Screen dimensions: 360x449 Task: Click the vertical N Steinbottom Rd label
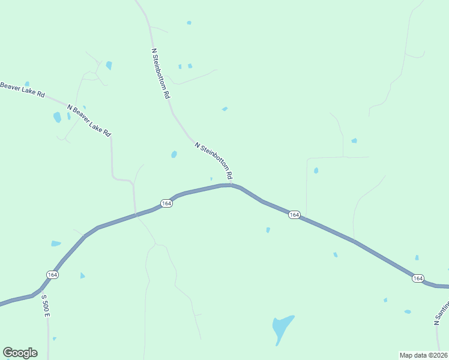161,74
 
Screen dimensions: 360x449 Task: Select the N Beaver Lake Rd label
89,119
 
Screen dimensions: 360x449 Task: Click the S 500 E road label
45,305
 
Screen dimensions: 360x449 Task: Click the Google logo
20,353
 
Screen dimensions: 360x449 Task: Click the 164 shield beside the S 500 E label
53,274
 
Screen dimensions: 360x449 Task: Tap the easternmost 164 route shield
418,278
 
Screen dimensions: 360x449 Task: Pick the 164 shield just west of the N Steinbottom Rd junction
166,203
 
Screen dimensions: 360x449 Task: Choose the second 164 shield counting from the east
294,215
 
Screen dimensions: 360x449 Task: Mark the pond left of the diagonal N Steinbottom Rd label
174,154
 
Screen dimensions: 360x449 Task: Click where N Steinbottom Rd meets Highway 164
232,185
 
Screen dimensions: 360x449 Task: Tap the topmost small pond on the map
189,23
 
